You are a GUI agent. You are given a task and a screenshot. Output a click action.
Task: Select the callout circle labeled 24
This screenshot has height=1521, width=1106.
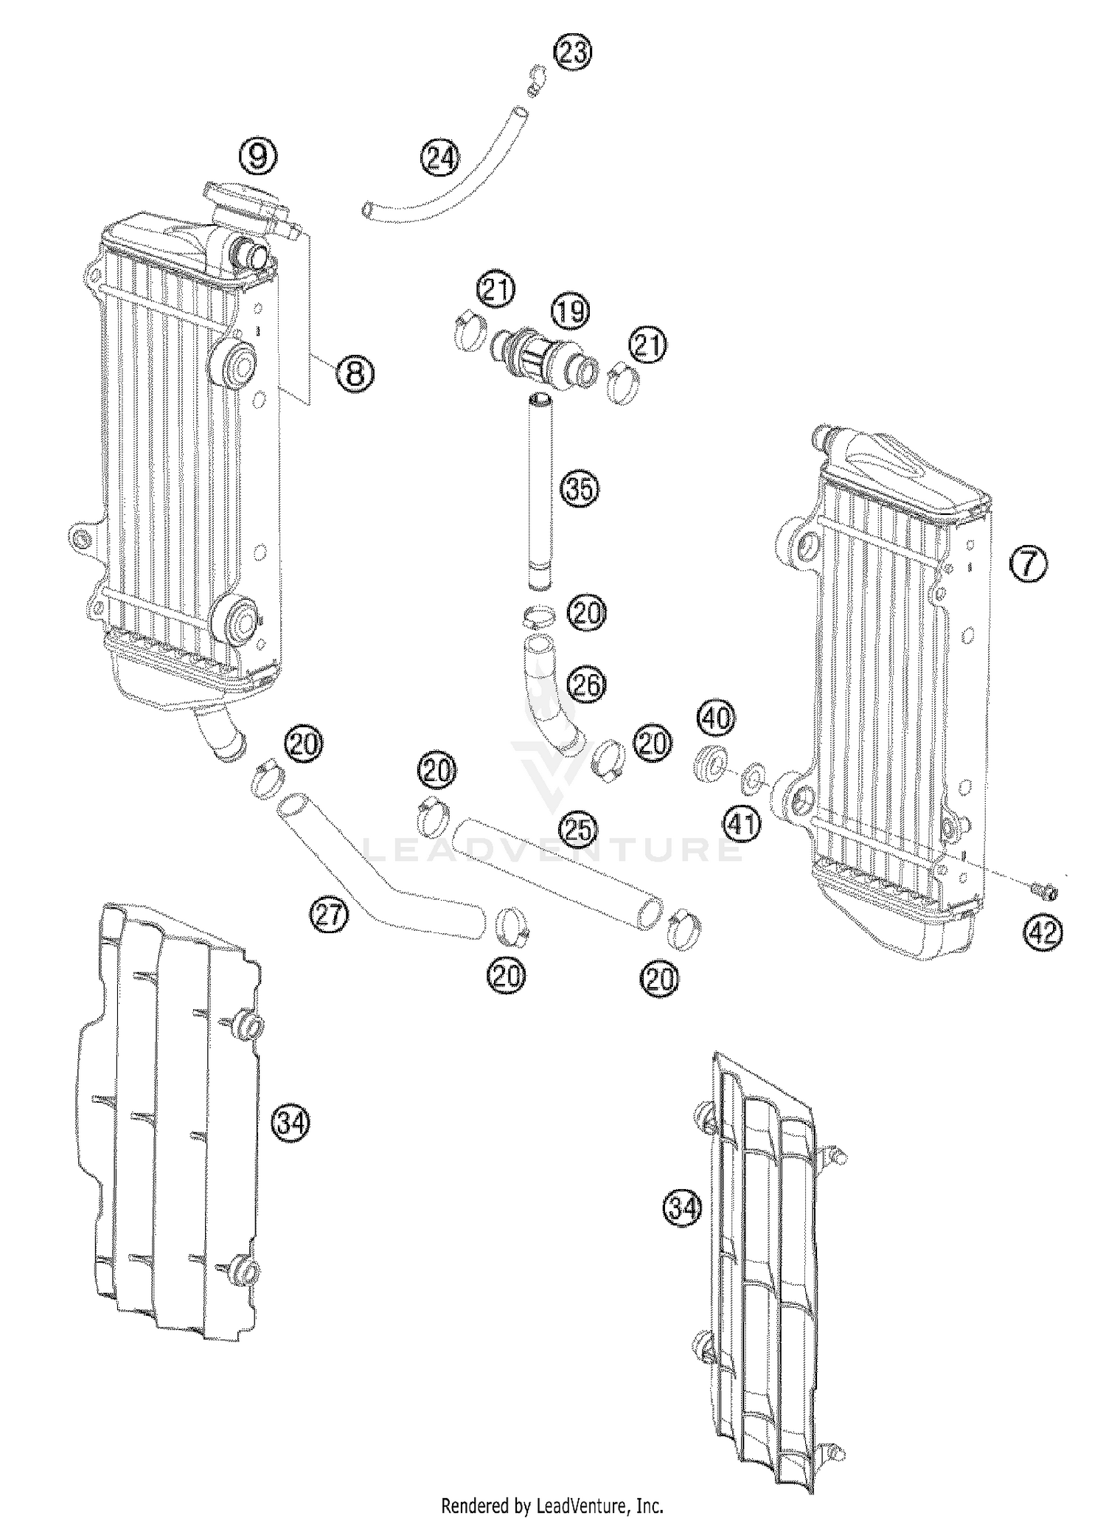[x=439, y=158]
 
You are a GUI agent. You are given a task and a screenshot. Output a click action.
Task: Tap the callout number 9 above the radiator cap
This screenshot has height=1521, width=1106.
[x=257, y=156]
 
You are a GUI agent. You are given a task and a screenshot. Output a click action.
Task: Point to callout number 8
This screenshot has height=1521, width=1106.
[x=355, y=374]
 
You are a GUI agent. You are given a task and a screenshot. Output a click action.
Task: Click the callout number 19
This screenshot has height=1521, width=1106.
[x=571, y=311]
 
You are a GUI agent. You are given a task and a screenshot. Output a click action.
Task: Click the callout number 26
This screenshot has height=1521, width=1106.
[x=587, y=686]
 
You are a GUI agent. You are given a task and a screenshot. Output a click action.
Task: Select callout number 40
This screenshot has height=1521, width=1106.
[x=716, y=718]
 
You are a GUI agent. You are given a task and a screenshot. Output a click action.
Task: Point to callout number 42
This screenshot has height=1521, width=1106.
[x=1043, y=933]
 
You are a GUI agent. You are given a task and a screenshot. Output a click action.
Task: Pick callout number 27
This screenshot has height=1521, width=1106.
[x=328, y=915]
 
